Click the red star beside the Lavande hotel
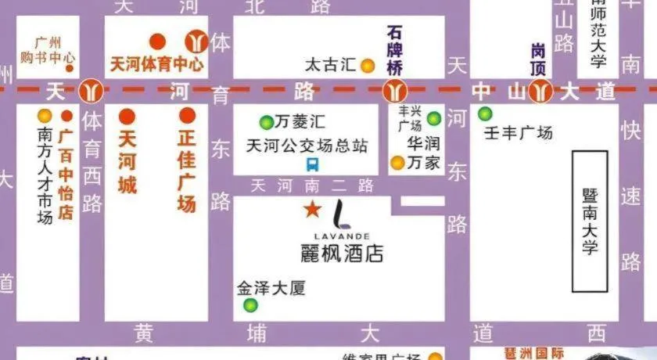tap(312, 210)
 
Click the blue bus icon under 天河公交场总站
tap(312, 164)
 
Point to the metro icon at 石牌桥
tap(393, 92)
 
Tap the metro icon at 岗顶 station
tap(539, 92)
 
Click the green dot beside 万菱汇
tap(266, 122)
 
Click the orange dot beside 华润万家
tap(397, 163)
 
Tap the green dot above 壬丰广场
tap(486, 113)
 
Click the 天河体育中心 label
tap(156, 63)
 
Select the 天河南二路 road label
tap(312, 186)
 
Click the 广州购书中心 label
tap(48, 50)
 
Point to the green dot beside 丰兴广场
tap(434, 119)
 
